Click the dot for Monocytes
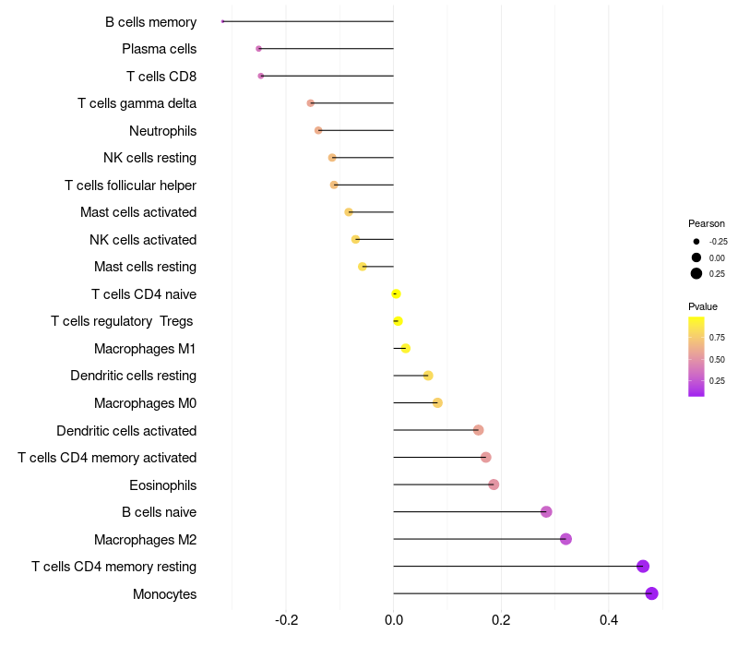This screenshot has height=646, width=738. pos(651,593)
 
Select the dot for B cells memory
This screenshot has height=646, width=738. pos(223,21)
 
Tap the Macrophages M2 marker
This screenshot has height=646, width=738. pos(565,539)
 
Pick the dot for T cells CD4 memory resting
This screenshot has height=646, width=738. pos(643,567)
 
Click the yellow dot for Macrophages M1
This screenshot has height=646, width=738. pos(406,348)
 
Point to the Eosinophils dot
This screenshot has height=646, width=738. pos(494,484)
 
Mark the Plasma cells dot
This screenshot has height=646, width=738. pos(258,48)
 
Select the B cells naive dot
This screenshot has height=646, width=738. pos(546,512)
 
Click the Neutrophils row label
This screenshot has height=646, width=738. pos(162,131)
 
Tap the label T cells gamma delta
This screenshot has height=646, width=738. pos(137,103)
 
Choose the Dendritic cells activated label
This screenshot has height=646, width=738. pos(126,431)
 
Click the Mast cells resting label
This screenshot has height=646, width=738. pos(145,267)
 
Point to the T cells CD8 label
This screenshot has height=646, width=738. pos(161,76)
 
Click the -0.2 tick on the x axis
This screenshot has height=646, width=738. pos(286,618)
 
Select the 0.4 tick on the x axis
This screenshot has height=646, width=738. pos(609,618)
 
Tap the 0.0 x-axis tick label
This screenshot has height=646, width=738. pos(394,618)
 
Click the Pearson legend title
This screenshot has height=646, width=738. pos(707,223)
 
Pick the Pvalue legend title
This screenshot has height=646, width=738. pos(703,306)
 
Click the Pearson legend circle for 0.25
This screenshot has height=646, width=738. pos(696,273)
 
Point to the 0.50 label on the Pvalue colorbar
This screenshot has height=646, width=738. pos(717,359)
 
